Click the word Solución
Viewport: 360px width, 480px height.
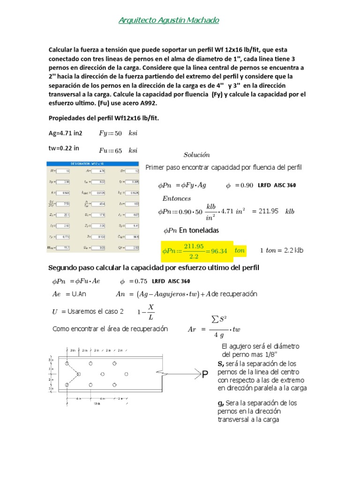click(x=196, y=155)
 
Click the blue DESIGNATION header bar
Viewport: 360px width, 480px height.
click(x=93, y=164)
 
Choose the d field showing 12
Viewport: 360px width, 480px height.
click(x=132, y=171)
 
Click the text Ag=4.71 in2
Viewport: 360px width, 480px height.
click(x=66, y=133)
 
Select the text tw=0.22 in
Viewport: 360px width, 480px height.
click(x=64, y=148)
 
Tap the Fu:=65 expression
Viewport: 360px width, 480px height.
click(x=118, y=150)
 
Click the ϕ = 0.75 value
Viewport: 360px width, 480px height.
click(x=134, y=281)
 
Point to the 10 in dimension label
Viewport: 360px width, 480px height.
click(x=96, y=403)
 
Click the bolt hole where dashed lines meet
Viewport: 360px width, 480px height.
click(x=78, y=374)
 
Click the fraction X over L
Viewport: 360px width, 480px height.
click(x=150, y=312)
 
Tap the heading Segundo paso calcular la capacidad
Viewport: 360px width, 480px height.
click(x=154, y=267)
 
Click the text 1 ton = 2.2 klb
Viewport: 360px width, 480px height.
click(x=282, y=250)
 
